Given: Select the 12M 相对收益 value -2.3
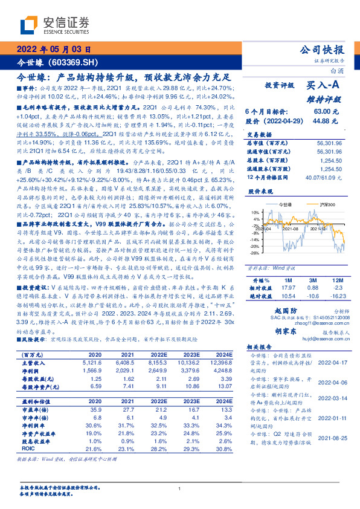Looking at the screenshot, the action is point(336,288).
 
